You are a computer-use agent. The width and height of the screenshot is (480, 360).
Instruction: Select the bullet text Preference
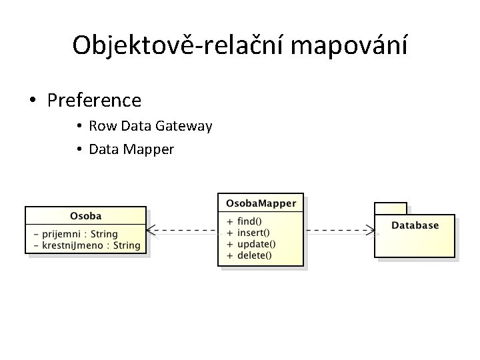[94, 101]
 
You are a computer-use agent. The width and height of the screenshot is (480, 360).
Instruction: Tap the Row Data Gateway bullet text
[150, 126]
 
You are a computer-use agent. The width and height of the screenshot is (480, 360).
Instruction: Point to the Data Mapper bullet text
[131, 149]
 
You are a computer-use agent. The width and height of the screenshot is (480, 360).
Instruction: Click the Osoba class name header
[85, 216]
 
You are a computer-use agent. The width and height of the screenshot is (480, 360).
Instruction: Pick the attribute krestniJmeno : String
[91, 245]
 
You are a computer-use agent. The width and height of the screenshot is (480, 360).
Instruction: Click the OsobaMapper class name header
[261, 203]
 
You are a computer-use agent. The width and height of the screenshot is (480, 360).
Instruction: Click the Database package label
[415, 225]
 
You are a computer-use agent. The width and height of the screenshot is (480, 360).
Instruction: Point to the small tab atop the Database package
[391, 208]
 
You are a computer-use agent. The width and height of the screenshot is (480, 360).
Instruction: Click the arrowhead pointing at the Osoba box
[151, 231]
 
